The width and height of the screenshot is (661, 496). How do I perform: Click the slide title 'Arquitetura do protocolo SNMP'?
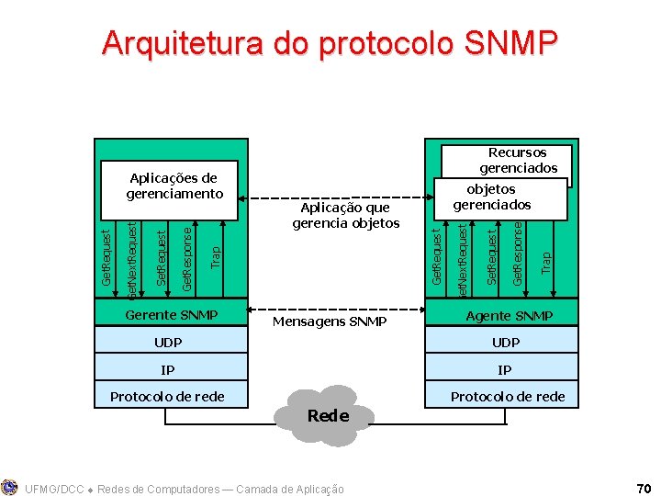[330, 43]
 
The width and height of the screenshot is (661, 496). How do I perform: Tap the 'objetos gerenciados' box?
[492, 197]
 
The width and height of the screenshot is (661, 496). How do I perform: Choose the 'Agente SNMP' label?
[509, 316]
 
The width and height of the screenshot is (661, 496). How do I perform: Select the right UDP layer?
[505, 343]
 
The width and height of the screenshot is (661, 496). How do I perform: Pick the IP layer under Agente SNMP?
[505, 370]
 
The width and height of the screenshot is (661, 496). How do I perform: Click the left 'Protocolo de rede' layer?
[167, 397]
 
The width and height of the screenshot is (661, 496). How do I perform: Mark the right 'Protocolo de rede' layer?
[507, 397]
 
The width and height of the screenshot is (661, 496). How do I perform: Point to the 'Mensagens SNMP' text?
[330, 322]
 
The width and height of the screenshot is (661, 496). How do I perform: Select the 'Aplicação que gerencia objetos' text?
[345, 216]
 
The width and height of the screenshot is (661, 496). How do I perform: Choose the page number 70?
[642, 487]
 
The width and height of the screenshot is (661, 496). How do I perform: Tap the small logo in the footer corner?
[10, 487]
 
